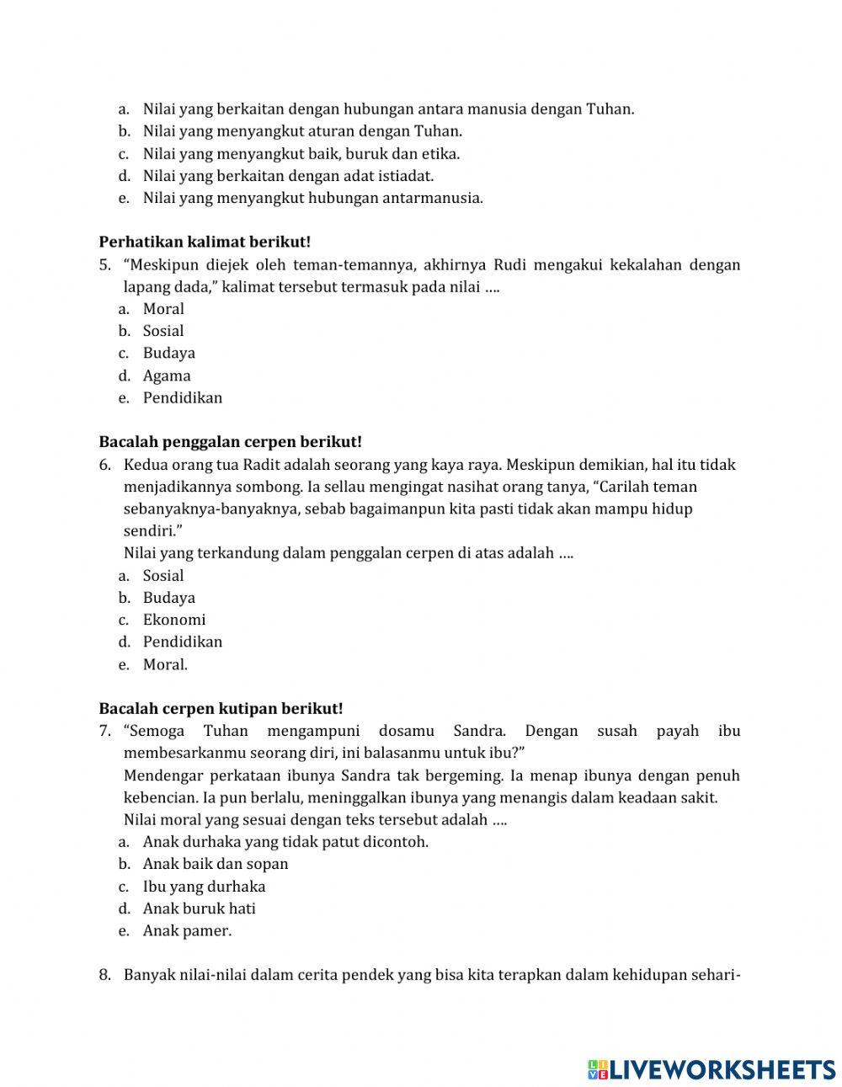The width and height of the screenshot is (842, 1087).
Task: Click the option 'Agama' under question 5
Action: pyautogui.click(x=166, y=376)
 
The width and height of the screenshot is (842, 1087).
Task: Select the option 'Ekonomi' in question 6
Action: pyautogui.click(x=173, y=620)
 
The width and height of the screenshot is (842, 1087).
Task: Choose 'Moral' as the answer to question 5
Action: pyautogui.click(x=163, y=309)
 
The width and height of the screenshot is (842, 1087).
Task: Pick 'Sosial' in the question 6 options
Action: pyautogui.click(x=163, y=576)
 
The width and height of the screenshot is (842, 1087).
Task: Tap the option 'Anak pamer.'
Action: pyautogui.click(x=186, y=930)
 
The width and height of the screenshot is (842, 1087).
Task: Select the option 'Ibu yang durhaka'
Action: pyautogui.click(x=204, y=886)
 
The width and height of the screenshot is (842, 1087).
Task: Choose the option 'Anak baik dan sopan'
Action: pyautogui.click(x=215, y=864)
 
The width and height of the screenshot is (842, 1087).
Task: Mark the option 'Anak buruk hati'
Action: pyautogui.click(x=199, y=908)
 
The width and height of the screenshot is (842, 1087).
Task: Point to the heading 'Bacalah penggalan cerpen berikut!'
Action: pyautogui.click(x=230, y=442)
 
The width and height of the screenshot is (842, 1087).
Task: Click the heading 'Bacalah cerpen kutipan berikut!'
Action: pyautogui.click(x=221, y=709)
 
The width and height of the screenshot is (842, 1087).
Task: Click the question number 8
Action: pyautogui.click(x=104, y=975)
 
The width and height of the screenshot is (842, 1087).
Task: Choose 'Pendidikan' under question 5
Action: pyautogui.click(x=182, y=397)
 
